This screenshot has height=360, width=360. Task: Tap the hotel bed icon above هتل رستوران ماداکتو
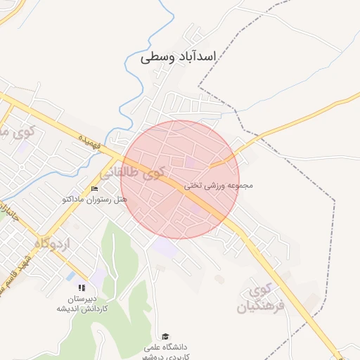[x=95, y=188]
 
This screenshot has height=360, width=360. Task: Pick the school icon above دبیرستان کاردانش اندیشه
[x=82, y=288]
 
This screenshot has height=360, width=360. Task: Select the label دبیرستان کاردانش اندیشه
[x=82, y=303]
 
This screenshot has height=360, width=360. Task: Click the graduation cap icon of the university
[x=165, y=337]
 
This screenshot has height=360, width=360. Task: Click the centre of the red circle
[x=180, y=179]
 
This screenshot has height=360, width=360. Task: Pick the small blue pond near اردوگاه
[x=71, y=276]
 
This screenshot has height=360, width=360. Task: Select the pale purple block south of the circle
[x=165, y=247]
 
